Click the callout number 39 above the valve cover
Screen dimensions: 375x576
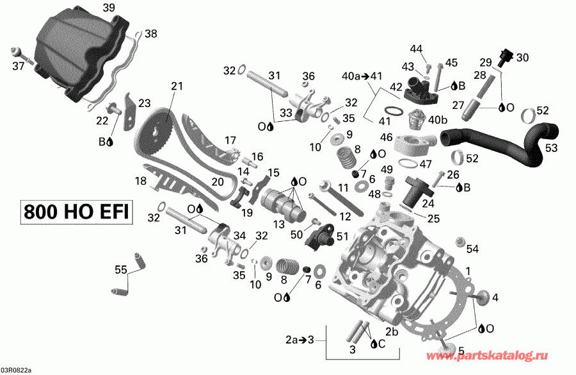point(109,8)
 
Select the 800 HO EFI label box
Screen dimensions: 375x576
point(76,212)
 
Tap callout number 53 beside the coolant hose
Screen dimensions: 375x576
point(551,148)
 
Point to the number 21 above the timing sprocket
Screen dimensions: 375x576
point(177,86)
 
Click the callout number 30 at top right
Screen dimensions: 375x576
point(523,57)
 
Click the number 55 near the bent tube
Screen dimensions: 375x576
point(121,271)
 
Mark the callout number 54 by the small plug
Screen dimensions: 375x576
point(473,249)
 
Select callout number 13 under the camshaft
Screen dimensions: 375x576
point(279,224)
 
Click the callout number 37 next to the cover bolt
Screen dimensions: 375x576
point(18,66)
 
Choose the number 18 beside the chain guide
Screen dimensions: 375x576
point(140,181)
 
